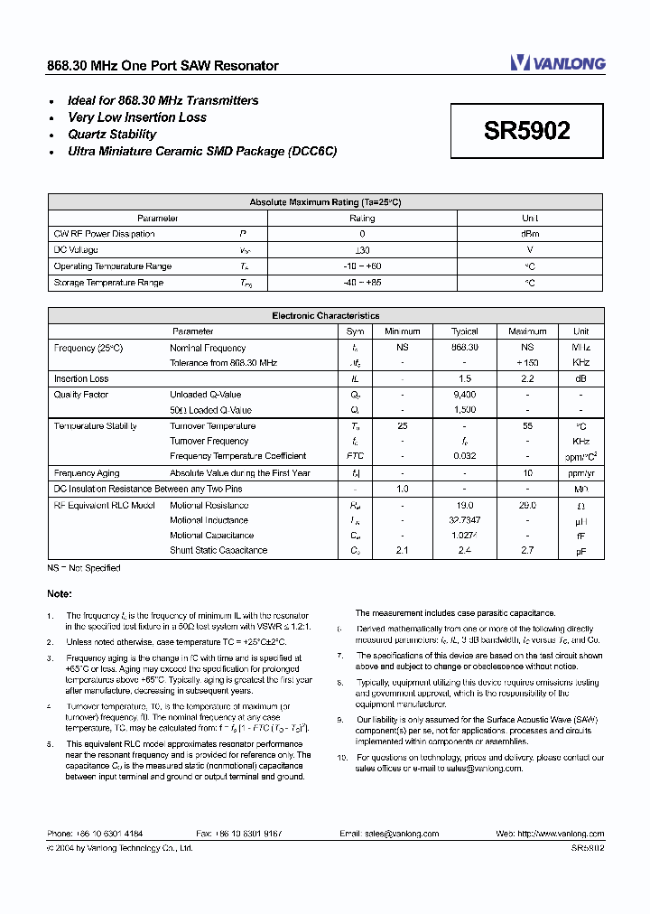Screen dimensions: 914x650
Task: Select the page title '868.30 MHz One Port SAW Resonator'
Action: (x=162, y=66)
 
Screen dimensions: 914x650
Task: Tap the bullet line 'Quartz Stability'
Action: (x=112, y=135)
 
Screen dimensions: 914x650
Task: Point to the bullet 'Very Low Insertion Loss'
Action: (x=137, y=117)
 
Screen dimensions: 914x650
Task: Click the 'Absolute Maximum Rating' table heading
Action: (x=325, y=202)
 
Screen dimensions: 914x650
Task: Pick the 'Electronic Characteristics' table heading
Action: (x=325, y=316)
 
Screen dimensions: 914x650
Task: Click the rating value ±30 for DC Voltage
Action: (x=362, y=250)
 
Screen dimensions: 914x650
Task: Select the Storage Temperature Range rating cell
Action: (x=362, y=283)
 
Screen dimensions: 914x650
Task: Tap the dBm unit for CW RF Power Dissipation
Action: (x=530, y=234)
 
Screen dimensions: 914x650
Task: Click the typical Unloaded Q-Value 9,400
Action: (x=464, y=395)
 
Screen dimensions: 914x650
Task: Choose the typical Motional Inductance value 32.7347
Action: (x=464, y=520)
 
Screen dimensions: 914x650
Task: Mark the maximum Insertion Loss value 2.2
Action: (x=527, y=379)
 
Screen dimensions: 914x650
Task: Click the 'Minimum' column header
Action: (x=403, y=331)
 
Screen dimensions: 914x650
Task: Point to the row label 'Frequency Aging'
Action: (x=87, y=473)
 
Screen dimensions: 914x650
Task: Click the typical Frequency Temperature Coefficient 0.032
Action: (x=464, y=456)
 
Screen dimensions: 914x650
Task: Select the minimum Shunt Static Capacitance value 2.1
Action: (x=403, y=550)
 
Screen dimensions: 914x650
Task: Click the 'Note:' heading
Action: (x=60, y=593)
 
